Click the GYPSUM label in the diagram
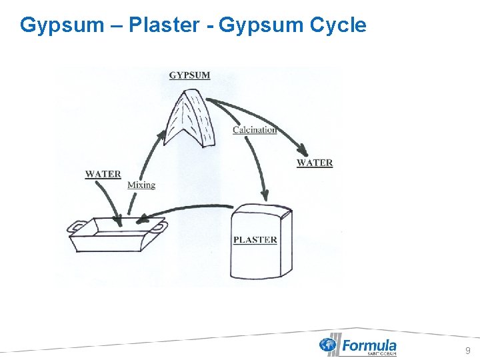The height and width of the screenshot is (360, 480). (x=189, y=75)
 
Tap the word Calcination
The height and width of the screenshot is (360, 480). (x=254, y=129)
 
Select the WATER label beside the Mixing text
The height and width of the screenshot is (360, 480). (x=103, y=174)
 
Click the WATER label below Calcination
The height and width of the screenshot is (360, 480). (x=314, y=163)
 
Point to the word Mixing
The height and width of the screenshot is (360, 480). (x=141, y=185)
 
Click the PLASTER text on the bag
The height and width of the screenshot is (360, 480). (x=255, y=239)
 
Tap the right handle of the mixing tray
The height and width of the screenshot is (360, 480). (x=160, y=229)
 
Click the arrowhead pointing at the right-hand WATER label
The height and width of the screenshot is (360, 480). (x=304, y=151)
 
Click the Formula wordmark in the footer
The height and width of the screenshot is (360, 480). (x=369, y=345)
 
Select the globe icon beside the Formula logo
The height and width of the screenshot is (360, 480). (x=328, y=345)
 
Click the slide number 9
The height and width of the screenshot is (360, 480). (x=467, y=351)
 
